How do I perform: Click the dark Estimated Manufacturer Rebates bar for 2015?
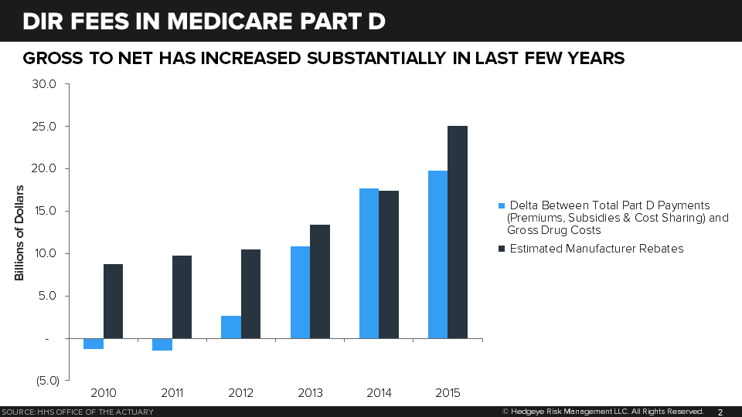click(x=458, y=232)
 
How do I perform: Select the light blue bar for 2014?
click(x=369, y=263)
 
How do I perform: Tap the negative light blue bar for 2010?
click(x=94, y=344)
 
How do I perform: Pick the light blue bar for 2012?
click(x=231, y=327)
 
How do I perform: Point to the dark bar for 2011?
click(x=182, y=297)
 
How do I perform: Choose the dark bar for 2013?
click(x=320, y=281)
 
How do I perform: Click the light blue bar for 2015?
click(x=437, y=254)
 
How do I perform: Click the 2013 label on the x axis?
click(x=311, y=393)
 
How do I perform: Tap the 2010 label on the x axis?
click(x=104, y=393)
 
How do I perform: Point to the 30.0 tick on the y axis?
click(x=43, y=84)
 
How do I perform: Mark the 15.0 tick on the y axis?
click(x=43, y=212)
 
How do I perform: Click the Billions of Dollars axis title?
click(x=20, y=232)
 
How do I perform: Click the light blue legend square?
click(x=502, y=206)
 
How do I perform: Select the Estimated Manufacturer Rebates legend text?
click(x=596, y=249)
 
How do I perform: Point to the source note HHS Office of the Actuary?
click(x=77, y=412)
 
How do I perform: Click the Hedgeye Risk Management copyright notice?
click(x=603, y=412)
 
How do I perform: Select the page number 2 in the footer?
click(x=720, y=412)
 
